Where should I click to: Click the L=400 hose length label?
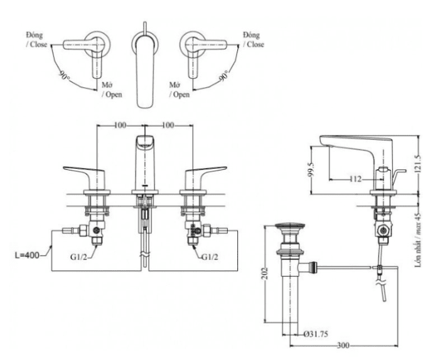[x=27, y=255]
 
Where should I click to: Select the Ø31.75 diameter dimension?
[x=316, y=334]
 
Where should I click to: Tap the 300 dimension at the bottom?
[x=343, y=346]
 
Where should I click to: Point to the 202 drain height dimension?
[x=266, y=274]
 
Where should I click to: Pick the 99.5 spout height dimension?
[x=312, y=169]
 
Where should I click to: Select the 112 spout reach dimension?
[x=355, y=179]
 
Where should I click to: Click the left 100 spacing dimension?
[x=120, y=125]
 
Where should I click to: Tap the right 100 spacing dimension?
[x=168, y=125]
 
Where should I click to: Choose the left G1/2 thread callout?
[x=78, y=257]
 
